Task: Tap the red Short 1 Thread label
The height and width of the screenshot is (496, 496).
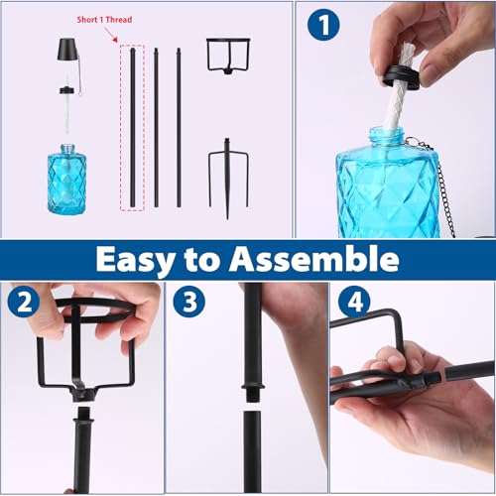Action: pos(104,20)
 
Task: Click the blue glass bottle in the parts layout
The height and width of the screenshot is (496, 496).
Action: pos(67,179)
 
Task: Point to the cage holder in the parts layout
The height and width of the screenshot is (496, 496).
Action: pos(227,55)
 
